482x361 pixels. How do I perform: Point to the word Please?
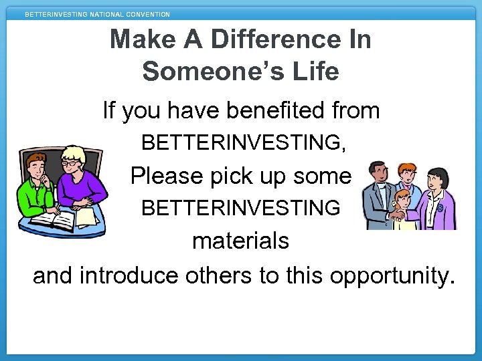point(157,176)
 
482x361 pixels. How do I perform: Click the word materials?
point(240,241)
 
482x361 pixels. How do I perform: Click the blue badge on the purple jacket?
point(439,208)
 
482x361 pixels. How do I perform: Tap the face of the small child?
point(403,198)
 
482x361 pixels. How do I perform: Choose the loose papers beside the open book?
point(86,217)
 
